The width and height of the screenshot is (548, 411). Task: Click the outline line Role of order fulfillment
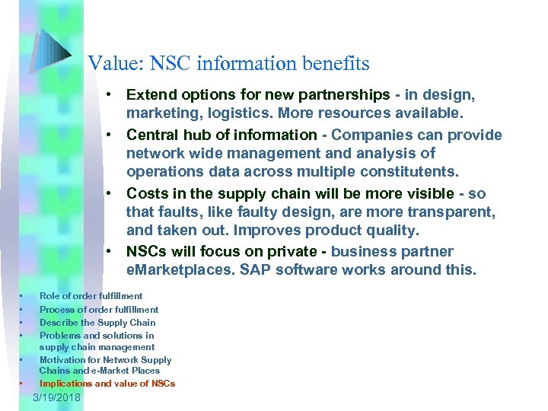pyautogui.click(x=91, y=295)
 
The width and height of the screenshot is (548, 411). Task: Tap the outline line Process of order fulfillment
pyautogui.click(x=99, y=309)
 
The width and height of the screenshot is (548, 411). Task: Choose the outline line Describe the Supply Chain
pyautogui.click(x=97, y=322)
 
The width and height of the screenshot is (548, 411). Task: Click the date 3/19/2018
pyautogui.click(x=62, y=398)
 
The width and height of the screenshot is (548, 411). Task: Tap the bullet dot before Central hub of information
pyautogui.click(x=110, y=135)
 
